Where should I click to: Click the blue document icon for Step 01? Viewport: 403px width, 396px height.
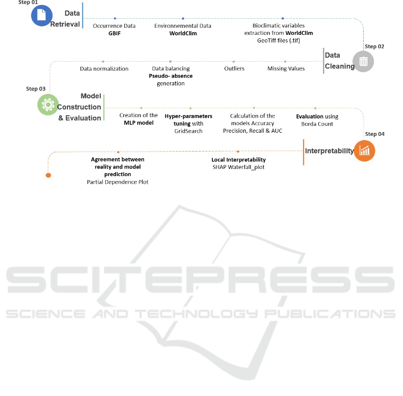click(x=42, y=15)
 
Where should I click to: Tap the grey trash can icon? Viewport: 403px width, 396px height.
click(x=363, y=61)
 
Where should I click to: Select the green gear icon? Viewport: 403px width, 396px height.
click(x=48, y=105)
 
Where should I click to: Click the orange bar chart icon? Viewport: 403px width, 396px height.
click(x=365, y=151)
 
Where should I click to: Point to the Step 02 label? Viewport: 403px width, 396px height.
click(x=374, y=46)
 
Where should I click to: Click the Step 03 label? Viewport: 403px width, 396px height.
click(x=36, y=89)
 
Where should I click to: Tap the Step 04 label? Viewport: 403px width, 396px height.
click(x=375, y=134)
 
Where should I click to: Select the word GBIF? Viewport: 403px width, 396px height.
click(x=115, y=34)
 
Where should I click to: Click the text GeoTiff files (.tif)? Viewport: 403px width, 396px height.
click(x=279, y=41)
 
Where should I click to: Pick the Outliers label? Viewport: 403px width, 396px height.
click(x=234, y=68)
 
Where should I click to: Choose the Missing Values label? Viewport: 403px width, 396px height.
click(x=286, y=68)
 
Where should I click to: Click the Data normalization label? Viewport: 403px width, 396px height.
click(x=104, y=69)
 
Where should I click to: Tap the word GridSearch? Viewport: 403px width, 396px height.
click(x=188, y=131)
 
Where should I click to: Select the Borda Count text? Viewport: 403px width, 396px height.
click(x=317, y=124)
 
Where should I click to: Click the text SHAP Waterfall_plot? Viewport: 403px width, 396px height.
click(x=238, y=167)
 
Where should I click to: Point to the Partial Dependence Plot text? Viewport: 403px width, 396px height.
click(x=118, y=182)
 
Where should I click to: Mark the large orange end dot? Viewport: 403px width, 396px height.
click(x=48, y=175)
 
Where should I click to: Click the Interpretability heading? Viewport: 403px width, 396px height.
click(x=329, y=151)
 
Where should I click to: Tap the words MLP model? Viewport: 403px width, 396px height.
click(x=139, y=123)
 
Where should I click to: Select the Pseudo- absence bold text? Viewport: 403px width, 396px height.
click(x=171, y=76)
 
